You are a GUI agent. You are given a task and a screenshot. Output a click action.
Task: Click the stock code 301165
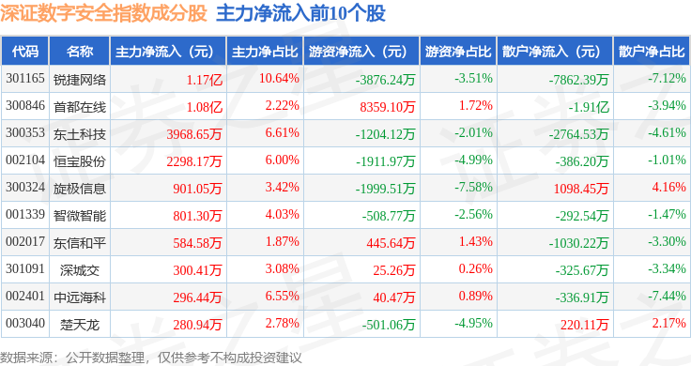[x=25, y=79]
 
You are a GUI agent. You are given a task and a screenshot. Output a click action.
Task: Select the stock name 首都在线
[x=80, y=107]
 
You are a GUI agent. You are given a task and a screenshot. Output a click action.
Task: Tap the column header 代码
[x=25, y=51]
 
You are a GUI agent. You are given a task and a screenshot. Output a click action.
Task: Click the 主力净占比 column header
[x=265, y=51]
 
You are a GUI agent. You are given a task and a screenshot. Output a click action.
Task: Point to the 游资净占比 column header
[x=458, y=51]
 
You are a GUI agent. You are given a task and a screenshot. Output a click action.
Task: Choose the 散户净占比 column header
[x=652, y=51]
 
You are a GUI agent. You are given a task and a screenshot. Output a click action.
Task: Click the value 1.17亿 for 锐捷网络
[x=204, y=80]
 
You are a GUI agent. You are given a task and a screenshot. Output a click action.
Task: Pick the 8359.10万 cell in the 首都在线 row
[x=388, y=107]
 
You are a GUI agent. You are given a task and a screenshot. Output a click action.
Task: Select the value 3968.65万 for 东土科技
[x=194, y=134]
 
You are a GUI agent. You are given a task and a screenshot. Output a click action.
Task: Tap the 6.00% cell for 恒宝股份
[x=282, y=160]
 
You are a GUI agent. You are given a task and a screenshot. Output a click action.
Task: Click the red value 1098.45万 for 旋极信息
[x=581, y=189]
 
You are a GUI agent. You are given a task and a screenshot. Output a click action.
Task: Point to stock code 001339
[x=25, y=215]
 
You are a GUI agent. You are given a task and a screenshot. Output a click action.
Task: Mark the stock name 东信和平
[x=80, y=243]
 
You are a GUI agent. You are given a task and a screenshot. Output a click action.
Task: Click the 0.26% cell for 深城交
[x=475, y=268]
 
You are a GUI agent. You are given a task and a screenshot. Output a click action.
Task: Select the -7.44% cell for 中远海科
[x=667, y=296]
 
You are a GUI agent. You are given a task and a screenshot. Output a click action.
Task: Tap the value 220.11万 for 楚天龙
[x=584, y=325]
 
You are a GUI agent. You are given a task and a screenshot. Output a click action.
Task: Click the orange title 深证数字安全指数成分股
[x=103, y=13]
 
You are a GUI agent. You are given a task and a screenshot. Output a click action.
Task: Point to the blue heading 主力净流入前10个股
[x=300, y=13]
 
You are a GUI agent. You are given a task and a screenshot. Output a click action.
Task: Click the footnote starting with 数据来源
[x=151, y=358]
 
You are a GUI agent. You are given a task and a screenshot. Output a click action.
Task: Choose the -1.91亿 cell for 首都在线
[x=589, y=107]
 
